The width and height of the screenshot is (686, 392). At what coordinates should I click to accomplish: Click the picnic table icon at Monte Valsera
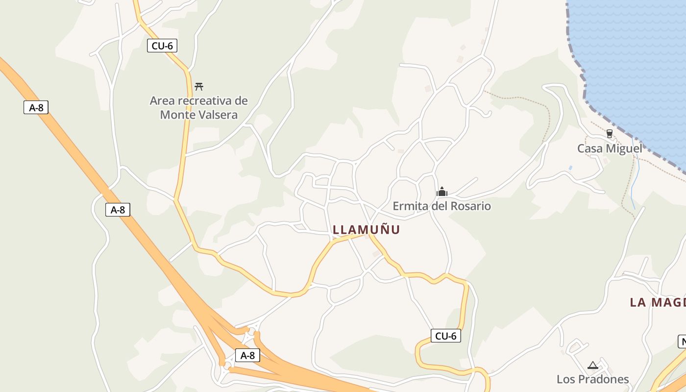pos(199,87)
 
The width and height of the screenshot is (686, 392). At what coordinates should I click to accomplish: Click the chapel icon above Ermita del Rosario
pos(442,192)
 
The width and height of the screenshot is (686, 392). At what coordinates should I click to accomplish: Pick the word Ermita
pos(411,206)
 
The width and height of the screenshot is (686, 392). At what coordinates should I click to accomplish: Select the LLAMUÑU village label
pos(366,229)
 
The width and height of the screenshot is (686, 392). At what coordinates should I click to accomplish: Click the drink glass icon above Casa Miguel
pos(610,134)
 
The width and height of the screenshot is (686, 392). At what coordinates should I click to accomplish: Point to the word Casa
pos(589,148)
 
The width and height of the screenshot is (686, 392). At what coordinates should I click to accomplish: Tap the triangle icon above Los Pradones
pos(593,365)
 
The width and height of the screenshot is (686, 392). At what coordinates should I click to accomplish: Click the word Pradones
pos(603,379)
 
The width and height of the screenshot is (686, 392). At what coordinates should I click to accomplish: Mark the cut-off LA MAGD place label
pos(658,302)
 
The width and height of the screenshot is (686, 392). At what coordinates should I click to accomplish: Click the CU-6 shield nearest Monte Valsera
pos(162,46)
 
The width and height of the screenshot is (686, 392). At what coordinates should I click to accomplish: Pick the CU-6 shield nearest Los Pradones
pos(446,336)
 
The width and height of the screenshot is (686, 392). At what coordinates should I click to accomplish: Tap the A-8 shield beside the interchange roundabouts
pos(247,355)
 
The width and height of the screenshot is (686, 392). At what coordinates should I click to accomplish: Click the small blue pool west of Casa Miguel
pos(570,168)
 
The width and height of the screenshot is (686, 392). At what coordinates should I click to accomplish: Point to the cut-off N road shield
pos(682,342)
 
